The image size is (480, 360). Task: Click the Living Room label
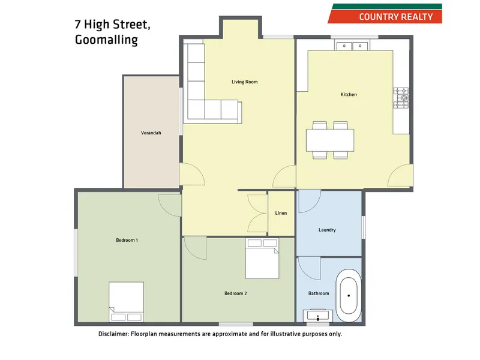pos(244,82)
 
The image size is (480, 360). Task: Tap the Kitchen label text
pos(349,95)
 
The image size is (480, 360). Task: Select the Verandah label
pos(151,133)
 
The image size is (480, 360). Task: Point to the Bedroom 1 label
pos(127,240)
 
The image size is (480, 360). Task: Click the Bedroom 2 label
pos(236,293)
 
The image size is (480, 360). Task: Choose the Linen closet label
pos(281,213)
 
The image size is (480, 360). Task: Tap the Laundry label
pos(327,230)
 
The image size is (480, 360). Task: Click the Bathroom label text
pos(319,293)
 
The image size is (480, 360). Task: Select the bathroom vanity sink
pos(318,316)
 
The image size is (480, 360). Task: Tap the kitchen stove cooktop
pos(401,99)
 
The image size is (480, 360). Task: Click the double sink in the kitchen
pos(352,46)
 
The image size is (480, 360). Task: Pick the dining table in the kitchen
pos(329,140)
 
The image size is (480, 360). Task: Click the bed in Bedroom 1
pos(126,302)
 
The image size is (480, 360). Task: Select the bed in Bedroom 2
pos(262,258)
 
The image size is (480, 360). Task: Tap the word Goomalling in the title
pos(106,40)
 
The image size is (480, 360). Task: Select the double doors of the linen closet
pos(256,213)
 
